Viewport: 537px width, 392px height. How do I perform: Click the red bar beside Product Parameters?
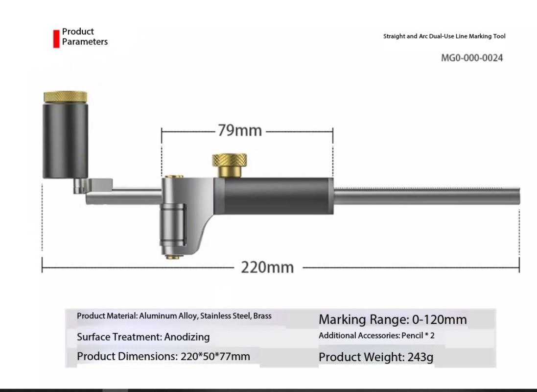coord(56,39)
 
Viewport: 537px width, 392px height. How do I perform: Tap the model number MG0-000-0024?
coord(471,58)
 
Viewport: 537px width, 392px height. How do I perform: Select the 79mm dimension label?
coord(240,131)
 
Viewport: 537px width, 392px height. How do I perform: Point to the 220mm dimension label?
coord(267,267)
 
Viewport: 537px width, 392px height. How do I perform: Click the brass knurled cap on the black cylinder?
coord(65,97)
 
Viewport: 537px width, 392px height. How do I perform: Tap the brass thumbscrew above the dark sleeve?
coord(230,165)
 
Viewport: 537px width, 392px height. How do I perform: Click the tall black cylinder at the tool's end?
coord(65,140)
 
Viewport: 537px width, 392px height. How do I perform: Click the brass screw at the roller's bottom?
coord(174,256)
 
